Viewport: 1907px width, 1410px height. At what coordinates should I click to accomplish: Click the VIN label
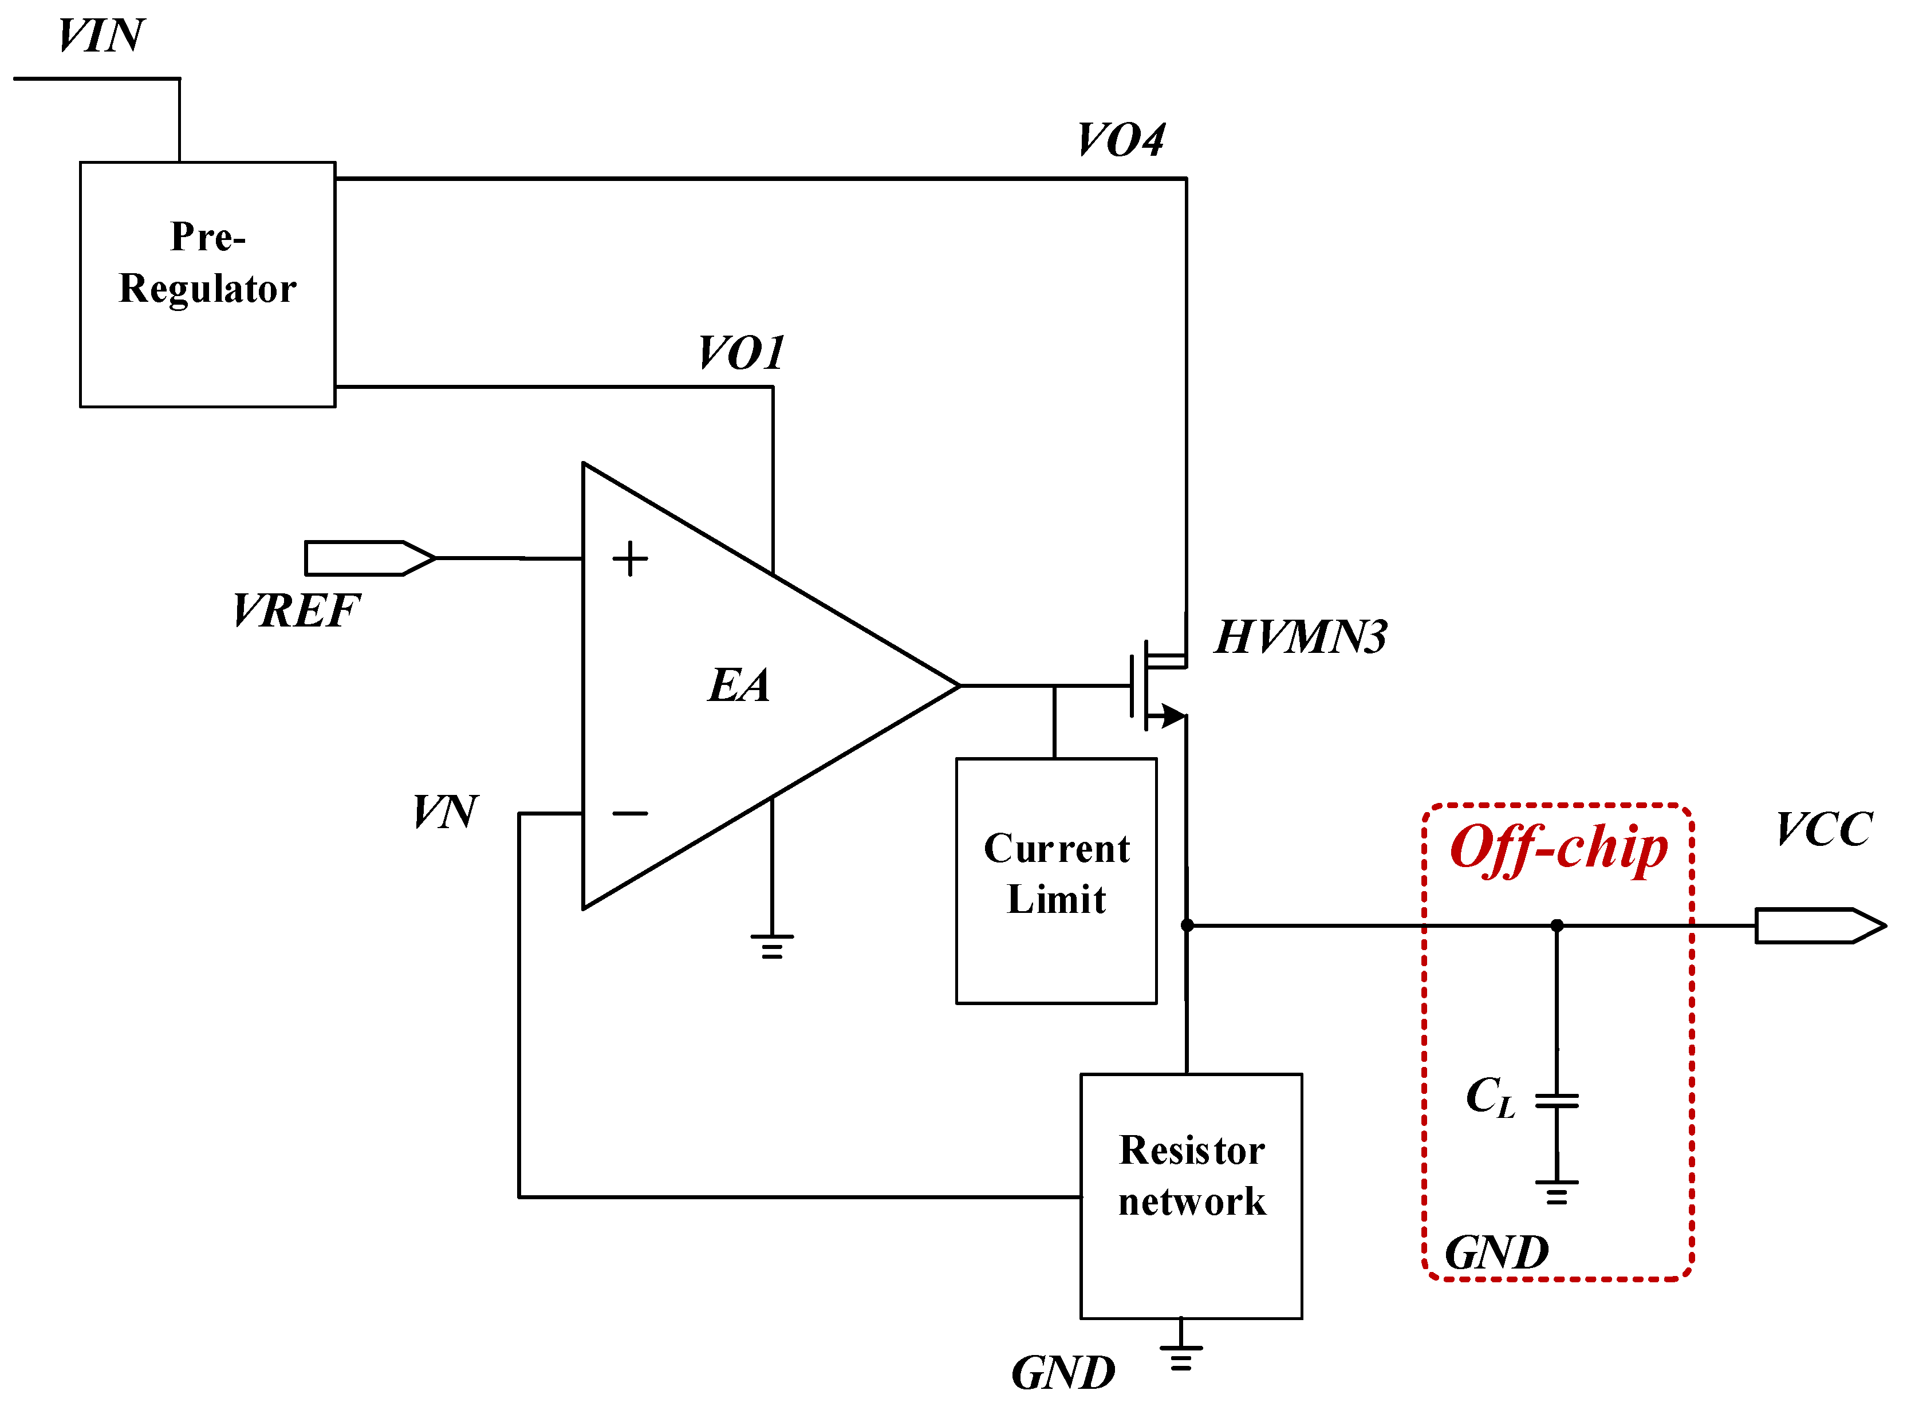coord(101,36)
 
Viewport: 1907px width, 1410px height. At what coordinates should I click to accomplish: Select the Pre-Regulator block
coord(207,284)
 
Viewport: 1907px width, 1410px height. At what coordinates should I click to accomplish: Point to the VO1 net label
coord(740,353)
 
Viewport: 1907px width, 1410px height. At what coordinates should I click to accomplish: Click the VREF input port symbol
coord(369,558)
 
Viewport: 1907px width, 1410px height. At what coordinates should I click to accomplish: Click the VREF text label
coord(295,611)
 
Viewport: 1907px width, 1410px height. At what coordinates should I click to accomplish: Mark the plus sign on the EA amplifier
coord(630,559)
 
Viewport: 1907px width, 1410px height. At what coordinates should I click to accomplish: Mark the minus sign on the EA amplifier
coord(630,813)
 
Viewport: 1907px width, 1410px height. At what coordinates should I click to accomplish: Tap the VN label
coord(444,812)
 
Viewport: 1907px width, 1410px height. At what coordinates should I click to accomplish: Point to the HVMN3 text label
coord(1301,637)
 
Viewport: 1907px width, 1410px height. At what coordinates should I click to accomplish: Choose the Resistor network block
coord(1191,1196)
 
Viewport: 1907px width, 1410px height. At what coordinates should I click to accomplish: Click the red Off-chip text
coord(1558,849)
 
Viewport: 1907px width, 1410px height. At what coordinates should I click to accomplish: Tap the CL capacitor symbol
coord(1557,1101)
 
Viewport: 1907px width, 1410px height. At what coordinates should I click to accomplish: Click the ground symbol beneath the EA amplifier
coord(771,946)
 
